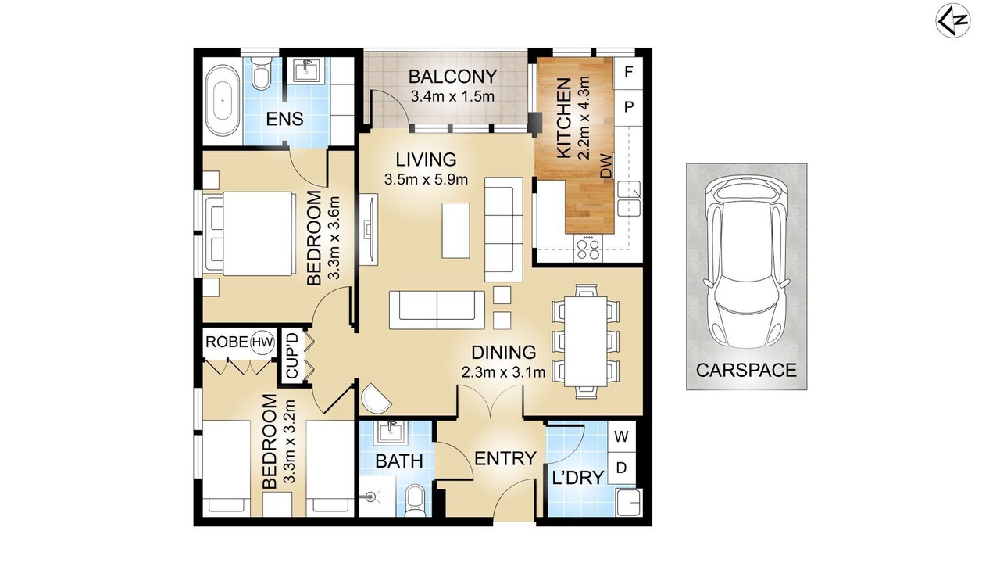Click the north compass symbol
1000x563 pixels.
tap(952, 20)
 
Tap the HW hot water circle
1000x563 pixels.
tap(262, 342)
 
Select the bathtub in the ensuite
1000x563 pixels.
tap(223, 101)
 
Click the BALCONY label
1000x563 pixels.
tap(452, 77)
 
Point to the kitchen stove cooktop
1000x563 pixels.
tap(587, 249)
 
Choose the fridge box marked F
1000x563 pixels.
tap(629, 73)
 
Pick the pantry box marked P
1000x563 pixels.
tap(629, 107)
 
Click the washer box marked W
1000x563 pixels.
tap(621, 436)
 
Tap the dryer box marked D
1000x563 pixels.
tap(621, 468)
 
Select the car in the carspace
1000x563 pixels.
tap(746, 262)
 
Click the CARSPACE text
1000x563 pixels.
tap(746, 371)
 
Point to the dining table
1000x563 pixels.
tap(586, 342)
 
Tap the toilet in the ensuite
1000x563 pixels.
tap(261, 74)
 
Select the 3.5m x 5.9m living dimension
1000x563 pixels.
tap(426, 180)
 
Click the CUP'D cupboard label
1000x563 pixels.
tap(291, 356)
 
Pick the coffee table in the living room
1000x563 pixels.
tap(455, 231)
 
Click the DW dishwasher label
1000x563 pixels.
tap(605, 167)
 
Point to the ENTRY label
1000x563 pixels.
tap(505, 458)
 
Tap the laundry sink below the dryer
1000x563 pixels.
tap(629, 502)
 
